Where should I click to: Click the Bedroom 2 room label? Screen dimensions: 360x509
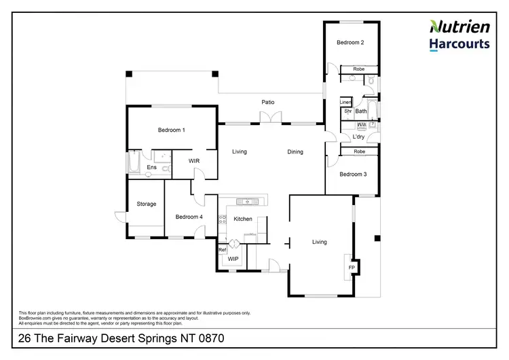[x=350, y=43]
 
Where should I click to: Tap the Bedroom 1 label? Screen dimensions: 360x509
[x=172, y=130]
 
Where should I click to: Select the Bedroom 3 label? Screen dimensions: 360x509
[x=353, y=175]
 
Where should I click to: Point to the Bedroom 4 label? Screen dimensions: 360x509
[x=189, y=217]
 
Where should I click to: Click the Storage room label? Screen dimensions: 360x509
[x=146, y=204]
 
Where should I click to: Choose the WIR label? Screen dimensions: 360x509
[x=194, y=161]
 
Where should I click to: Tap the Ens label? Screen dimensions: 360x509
[x=152, y=167]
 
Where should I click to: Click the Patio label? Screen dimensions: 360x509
[x=269, y=103]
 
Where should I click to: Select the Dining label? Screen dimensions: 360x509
[x=295, y=152]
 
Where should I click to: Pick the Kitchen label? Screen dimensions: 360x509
[x=243, y=219]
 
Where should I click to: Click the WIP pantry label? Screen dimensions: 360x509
[x=233, y=259]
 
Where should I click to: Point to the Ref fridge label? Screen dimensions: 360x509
[x=222, y=250]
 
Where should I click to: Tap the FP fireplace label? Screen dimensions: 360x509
[x=352, y=268]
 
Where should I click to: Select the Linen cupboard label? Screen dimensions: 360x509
[x=345, y=102]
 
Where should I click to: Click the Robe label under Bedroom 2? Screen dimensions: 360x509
[x=359, y=69]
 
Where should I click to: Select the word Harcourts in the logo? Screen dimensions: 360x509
[x=459, y=45]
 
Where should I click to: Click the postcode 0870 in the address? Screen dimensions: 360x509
[x=209, y=338]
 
